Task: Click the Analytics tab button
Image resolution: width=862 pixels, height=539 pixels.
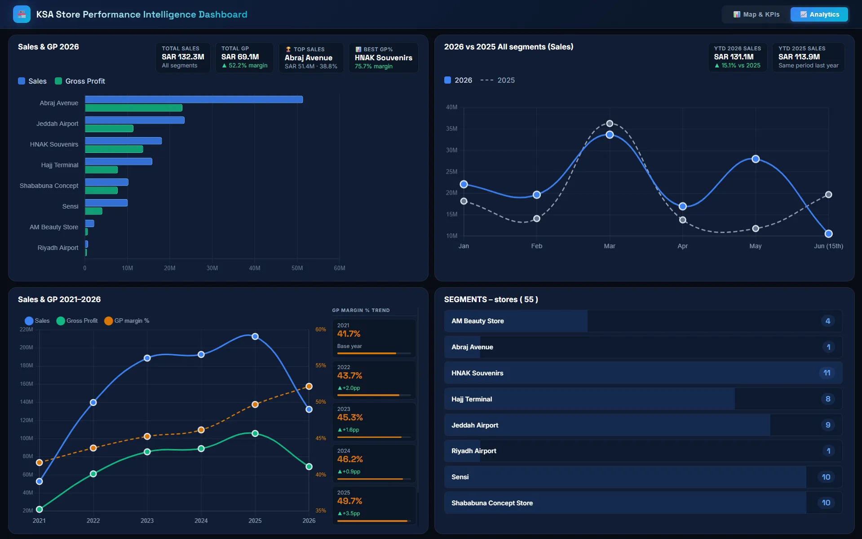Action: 819,14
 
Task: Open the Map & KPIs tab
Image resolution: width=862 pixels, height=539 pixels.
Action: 756,14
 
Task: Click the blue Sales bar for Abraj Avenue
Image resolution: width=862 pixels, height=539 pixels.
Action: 194,99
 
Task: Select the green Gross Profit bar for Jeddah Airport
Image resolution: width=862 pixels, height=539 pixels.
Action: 109,129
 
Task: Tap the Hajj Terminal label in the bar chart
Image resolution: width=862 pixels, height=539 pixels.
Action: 60,165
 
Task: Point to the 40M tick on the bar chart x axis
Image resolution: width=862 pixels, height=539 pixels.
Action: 255,268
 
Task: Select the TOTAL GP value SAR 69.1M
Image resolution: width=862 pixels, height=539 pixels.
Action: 240,57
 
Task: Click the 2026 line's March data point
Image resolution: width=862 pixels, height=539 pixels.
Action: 610,135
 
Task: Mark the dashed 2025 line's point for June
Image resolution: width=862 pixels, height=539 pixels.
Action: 828,195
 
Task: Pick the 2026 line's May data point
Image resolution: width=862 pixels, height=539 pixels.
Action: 756,159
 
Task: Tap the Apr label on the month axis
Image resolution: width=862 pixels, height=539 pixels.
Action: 682,246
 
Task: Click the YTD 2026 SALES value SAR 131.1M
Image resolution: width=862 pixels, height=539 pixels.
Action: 734,57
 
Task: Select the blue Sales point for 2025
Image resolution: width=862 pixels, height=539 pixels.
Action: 255,336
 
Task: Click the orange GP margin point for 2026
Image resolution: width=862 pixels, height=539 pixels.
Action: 309,386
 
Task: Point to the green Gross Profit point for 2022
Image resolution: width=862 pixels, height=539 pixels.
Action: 93,474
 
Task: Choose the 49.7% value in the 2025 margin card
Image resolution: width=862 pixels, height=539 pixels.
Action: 349,501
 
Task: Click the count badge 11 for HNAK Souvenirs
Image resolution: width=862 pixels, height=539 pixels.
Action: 827,373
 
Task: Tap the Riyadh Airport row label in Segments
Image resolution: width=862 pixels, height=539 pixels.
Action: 474,451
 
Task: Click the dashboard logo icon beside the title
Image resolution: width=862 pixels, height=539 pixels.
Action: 22,14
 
